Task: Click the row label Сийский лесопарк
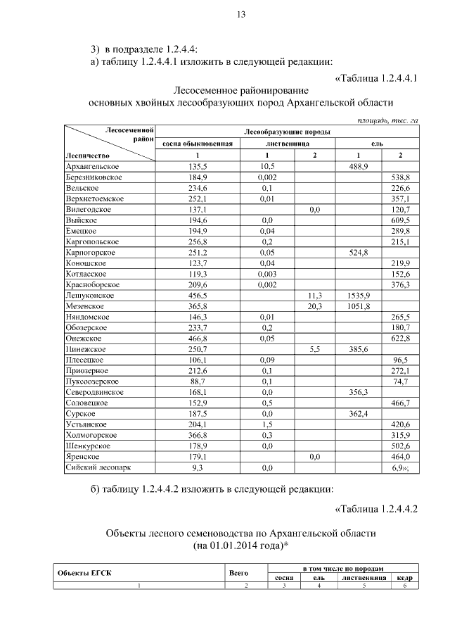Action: point(98,467)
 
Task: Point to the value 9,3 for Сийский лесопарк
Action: point(197,467)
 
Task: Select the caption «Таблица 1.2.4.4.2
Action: point(376,508)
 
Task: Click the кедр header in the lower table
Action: point(404,577)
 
